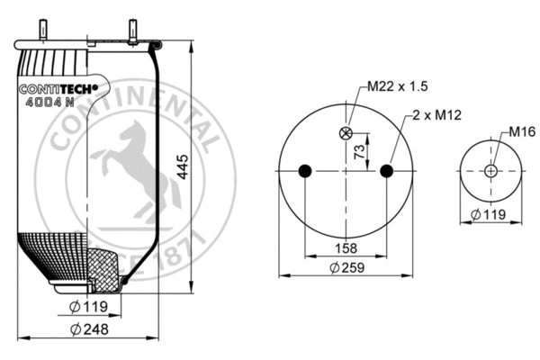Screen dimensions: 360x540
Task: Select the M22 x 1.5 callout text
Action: [x=397, y=87]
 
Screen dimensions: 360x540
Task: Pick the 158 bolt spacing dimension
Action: [x=346, y=247]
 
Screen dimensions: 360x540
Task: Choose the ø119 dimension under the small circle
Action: [x=490, y=215]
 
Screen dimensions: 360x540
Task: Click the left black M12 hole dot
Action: [x=305, y=171]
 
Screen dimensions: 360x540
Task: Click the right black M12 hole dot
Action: [x=387, y=171]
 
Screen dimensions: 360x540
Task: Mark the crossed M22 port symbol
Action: [x=346, y=134]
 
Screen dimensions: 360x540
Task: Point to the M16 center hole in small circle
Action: [x=490, y=171]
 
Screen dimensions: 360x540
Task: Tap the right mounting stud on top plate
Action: [x=132, y=29]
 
